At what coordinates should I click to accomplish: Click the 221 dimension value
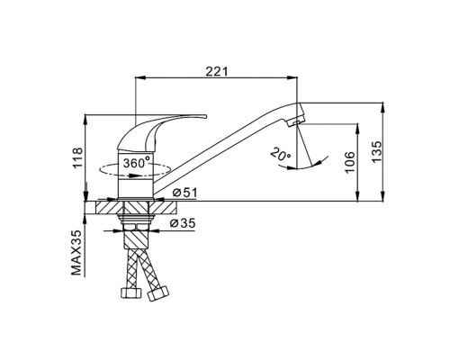click(217, 71)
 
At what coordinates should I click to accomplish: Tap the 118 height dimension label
click(77, 158)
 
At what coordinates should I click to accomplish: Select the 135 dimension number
click(376, 151)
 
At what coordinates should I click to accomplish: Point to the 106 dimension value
click(350, 162)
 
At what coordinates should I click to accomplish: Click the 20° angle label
click(281, 155)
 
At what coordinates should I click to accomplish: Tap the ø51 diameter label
click(184, 193)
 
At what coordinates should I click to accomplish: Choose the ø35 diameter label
click(183, 223)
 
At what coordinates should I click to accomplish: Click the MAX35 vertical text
click(76, 253)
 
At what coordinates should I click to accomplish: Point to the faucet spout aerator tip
click(295, 121)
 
